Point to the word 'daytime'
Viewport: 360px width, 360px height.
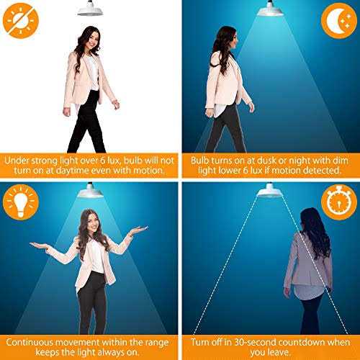(x=107, y=171)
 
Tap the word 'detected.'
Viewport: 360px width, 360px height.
(x=320, y=171)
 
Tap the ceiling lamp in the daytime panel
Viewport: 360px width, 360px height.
(x=90, y=8)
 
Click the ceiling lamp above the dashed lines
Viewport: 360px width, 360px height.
(x=270, y=190)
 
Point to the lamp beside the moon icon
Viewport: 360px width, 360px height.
(x=270, y=8)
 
